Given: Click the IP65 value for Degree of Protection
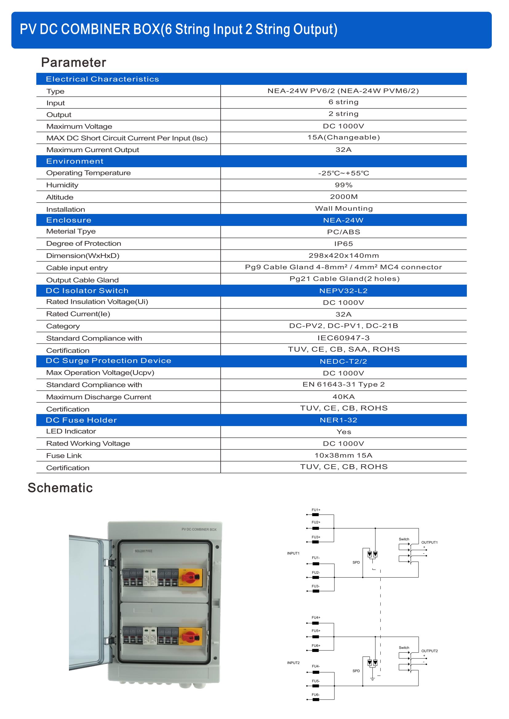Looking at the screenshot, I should click(x=343, y=244).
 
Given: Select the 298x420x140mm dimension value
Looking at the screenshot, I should click(x=343, y=255).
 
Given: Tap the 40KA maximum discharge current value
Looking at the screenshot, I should click(x=343, y=397).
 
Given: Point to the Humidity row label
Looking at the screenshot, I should click(x=62, y=185).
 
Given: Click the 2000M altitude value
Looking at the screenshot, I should click(x=343, y=197).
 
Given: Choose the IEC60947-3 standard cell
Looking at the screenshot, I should click(x=343, y=338).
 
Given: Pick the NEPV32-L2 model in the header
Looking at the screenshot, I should click(x=343, y=291).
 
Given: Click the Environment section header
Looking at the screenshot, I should click(x=74, y=161).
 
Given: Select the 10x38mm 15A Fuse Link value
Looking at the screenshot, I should click(x=343, y=455).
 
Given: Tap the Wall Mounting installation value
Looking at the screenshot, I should click(x=343, y=208).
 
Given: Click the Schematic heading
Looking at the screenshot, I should click(x=60, y=488).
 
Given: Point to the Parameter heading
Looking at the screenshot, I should click(x=74, y=63).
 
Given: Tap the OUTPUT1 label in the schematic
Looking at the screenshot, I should click(x=429, y=542).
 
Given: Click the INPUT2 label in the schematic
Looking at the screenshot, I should click(x=293, y=663).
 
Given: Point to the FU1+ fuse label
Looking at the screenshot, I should click(x=316, y=510).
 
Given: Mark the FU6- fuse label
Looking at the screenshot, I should click(x=316, y=695).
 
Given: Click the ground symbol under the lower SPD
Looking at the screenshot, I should click(x=373, y=679).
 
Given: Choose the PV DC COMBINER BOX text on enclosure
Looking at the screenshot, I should click(x=199, y=530).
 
